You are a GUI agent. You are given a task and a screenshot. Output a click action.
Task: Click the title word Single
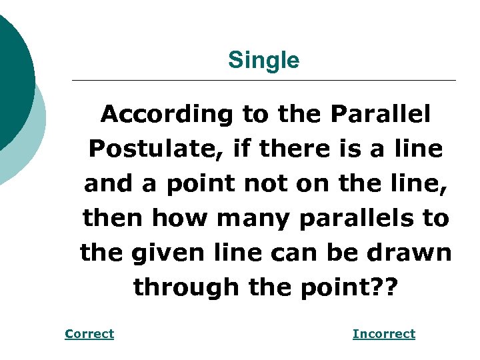pos(263,61)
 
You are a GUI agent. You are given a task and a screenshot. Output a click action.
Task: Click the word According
pos(167,115)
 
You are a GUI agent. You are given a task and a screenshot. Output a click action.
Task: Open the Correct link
pos(89,334)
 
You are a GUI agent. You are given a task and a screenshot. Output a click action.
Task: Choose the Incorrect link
pos(383,334)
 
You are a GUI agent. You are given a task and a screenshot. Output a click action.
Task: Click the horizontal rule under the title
pos(263,81)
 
